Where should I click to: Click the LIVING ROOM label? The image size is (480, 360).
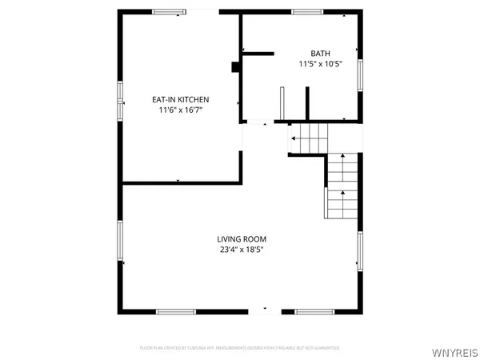pyautogui.click(x=242, y=238)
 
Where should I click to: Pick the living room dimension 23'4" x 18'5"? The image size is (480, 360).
pyautogui.click(x=242, y=250)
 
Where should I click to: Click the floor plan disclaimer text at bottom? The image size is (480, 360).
pyautogui.click(x=240, y=348)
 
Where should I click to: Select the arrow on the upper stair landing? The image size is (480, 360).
pyautogui.click(x=294, y=139)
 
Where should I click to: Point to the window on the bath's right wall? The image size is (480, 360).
pyautogui.click(x=360, y=75)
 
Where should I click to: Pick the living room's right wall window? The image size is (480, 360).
pyautogui.click(x=360, y=252)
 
